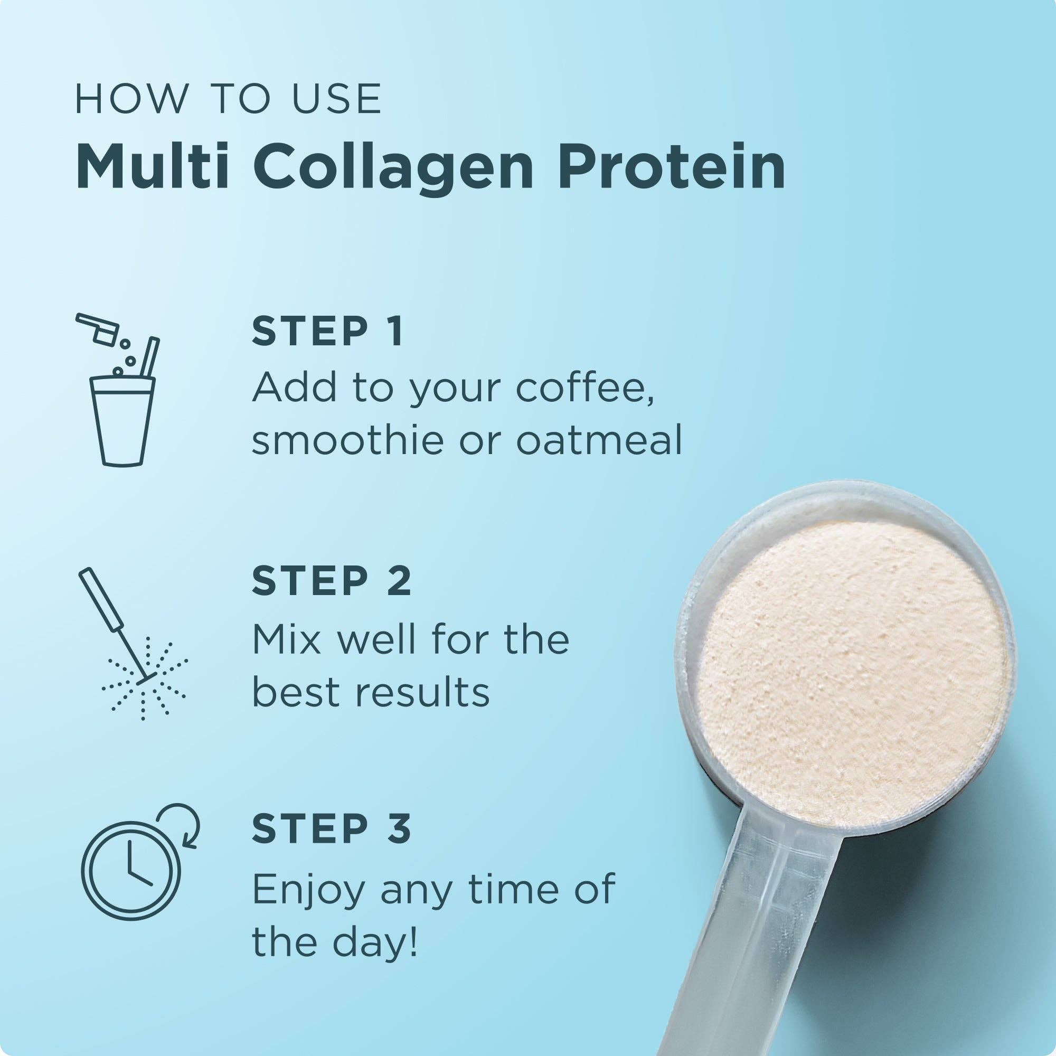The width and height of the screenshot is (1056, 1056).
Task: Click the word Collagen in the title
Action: (x=392, y=167)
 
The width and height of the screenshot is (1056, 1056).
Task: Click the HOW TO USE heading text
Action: (x=228, y=99)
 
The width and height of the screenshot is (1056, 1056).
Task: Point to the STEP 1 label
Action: (x=327, y=331)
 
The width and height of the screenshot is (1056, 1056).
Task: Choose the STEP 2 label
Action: (x=331, y=581)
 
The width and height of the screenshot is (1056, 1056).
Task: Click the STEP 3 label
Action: (x=331, y=828)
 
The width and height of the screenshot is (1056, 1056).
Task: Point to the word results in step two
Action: (x=422, y=693)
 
